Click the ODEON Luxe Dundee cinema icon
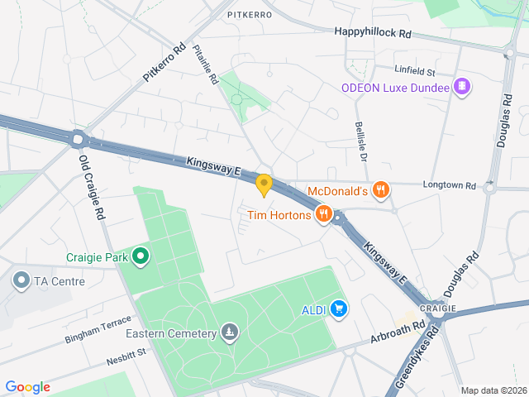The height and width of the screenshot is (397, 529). pos(462,87)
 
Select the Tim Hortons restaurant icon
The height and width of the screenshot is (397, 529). pos(322,215)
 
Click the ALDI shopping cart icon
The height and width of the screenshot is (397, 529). pos(338,309)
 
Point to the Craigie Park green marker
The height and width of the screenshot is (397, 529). pos(141,257)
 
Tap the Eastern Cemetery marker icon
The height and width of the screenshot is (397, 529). pos(230,333)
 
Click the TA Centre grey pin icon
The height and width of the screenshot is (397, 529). pos(21,281)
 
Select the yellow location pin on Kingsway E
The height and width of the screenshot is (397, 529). pos(264,184)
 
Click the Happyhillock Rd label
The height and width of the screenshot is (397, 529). pos(373,32)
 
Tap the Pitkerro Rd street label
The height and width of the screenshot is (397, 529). pos(164,62)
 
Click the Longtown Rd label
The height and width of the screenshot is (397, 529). pos(450,184)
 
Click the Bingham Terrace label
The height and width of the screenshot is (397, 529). pos(98,330)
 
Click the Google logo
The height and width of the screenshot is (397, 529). pos(27,387)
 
